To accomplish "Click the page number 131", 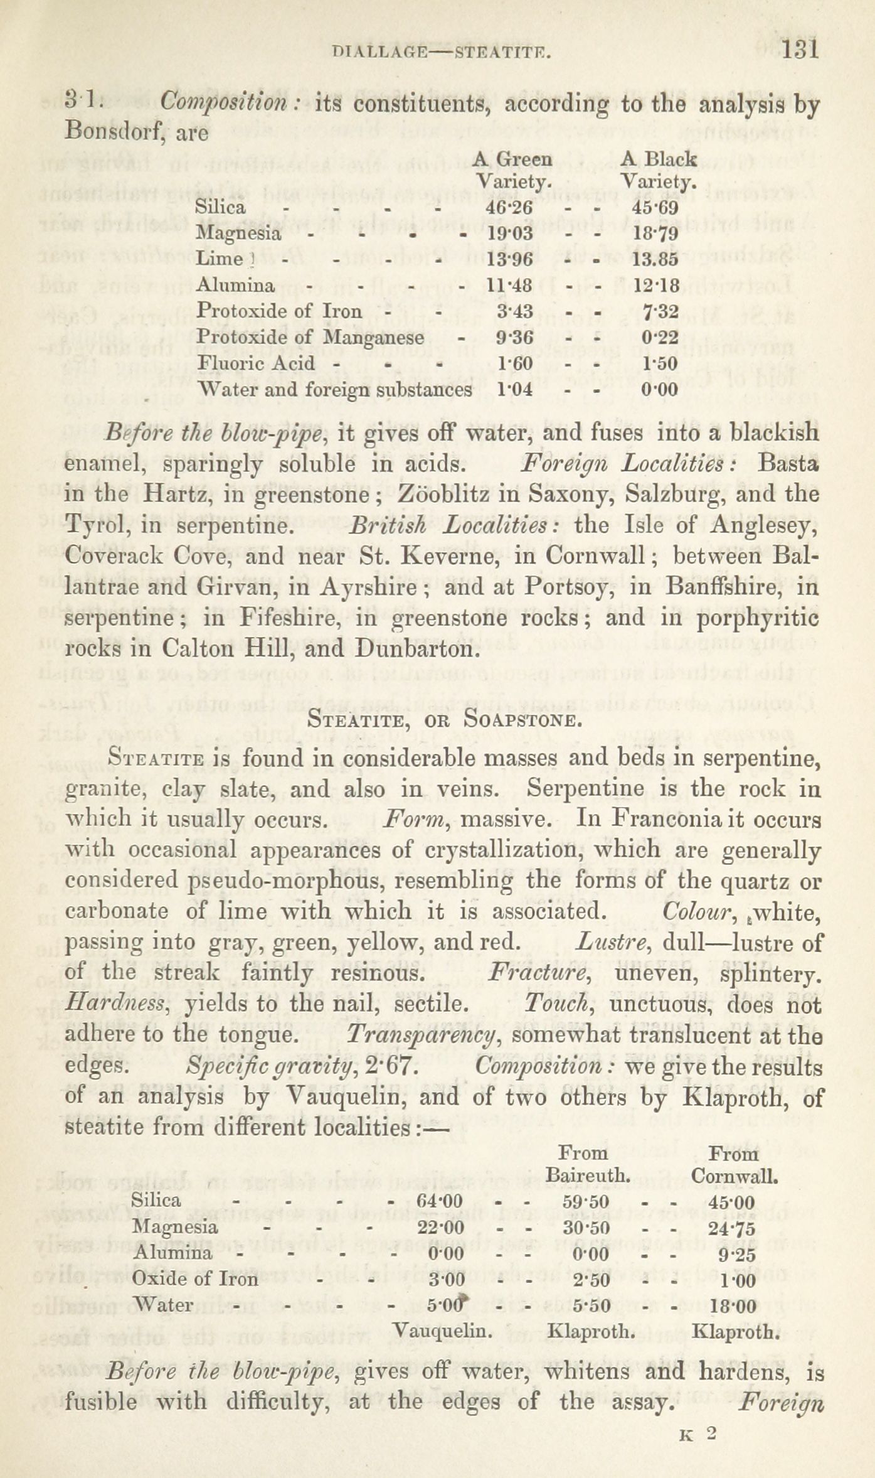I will tap(800, 50).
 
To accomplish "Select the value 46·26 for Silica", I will tap(509, 207).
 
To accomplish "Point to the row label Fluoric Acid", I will tap(256, 364).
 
